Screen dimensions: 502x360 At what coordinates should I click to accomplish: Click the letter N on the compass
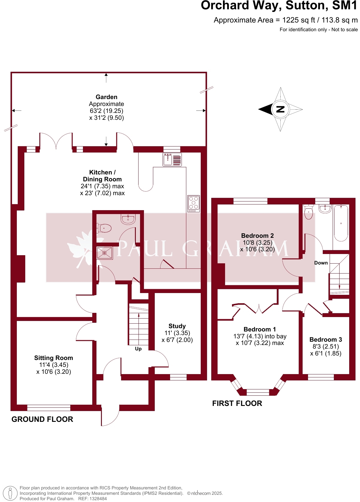[x=280, y=109]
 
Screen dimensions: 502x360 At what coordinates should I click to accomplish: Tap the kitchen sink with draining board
[x=172, y=159]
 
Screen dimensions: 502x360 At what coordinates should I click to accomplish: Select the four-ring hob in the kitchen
[x=194, y=203]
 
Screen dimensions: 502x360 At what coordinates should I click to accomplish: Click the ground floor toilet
[x=104, y=228]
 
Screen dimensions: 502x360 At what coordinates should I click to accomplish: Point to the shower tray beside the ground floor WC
[x=105, y=253]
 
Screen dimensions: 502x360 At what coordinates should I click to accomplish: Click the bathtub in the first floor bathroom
[x=341, y=223]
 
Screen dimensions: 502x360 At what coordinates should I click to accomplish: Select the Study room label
[x=177, y=326]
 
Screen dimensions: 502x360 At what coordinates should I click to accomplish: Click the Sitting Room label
[x=53, y=358]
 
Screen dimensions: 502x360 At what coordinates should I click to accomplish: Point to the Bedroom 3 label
[x=325, y=340]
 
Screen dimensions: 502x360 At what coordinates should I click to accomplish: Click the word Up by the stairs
[x=138, y=349]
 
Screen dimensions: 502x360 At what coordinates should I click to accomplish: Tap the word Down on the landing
[x=321, y=263]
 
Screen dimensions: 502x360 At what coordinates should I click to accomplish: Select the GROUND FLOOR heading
[x=42, y=419]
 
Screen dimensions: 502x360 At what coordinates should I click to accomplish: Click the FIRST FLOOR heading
[x=237, y=403]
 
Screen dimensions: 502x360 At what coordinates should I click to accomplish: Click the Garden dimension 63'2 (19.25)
[x=106, y=111]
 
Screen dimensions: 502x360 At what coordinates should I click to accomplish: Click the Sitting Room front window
[x=49, y=407]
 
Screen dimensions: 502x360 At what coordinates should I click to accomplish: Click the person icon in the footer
[x=10, y=493]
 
